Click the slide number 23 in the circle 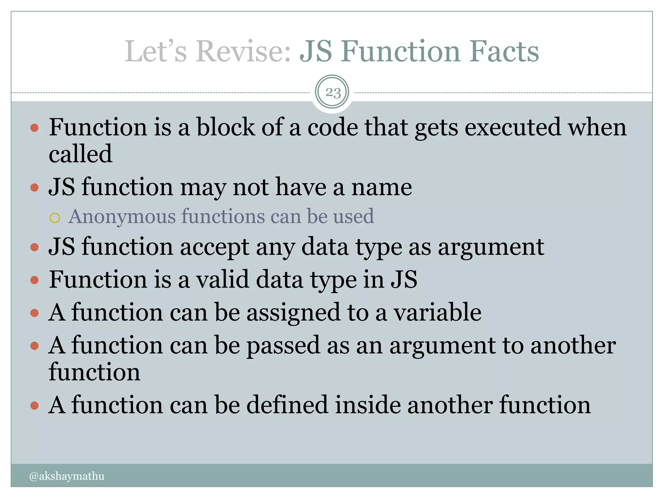coord(332,93)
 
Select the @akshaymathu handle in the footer coord(66,476)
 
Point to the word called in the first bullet coord(80,154)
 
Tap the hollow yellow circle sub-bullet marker coord(55,218)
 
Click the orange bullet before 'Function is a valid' coord(34,280)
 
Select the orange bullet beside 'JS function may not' coord(34,187)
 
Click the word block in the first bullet coord(226,127)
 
